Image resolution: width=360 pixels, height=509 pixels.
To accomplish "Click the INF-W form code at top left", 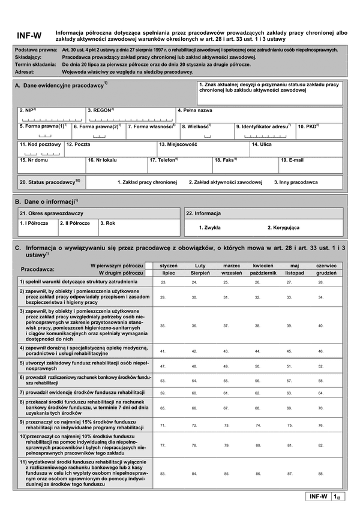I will point(29,35).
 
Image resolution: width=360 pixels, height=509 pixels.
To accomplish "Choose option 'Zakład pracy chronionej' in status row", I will point(147,182).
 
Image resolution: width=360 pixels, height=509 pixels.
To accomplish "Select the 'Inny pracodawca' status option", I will point(296,182).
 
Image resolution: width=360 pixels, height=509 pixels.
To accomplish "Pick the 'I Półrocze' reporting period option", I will point(34,223).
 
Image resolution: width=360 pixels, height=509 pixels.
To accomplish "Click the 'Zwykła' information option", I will point(209,228).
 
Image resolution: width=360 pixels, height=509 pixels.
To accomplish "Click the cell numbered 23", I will point(164,282).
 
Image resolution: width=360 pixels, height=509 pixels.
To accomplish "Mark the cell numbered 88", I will point(321,474).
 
